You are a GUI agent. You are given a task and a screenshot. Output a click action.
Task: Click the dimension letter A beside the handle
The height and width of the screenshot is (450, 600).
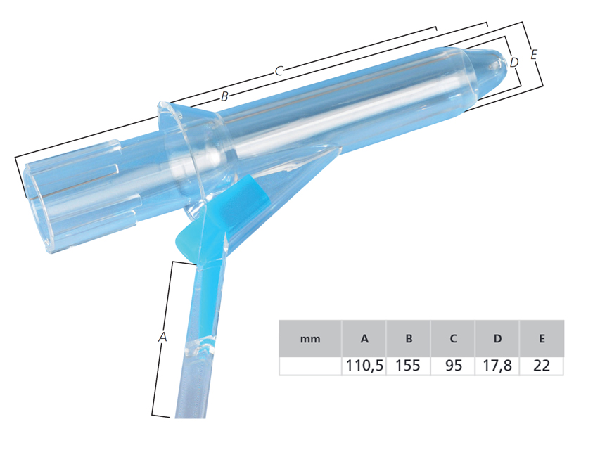coord(162,337)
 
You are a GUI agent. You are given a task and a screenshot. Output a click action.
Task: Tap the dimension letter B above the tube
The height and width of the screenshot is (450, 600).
coord(224,97)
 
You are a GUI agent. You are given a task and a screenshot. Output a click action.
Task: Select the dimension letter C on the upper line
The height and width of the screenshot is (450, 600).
coord(279,70)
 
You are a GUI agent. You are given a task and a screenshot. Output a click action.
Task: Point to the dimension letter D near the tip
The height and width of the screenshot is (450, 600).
coord(514,63)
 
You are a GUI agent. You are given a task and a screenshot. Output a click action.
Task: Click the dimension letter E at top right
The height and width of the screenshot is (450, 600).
coord(535,54)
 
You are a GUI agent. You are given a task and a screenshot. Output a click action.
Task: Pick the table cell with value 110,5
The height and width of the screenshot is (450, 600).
coord(364,366)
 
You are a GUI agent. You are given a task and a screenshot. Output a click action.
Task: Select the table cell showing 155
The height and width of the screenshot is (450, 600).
coord(409,366)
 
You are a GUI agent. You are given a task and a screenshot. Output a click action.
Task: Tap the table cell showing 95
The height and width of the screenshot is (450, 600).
coord(453,366)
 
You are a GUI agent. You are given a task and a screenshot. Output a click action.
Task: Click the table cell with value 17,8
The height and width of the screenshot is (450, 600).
coord(497,366)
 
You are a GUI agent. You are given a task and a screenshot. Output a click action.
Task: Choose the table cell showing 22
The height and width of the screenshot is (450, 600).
coord(542,366)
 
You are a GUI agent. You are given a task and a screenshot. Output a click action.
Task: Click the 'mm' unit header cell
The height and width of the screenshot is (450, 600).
coord(310,339)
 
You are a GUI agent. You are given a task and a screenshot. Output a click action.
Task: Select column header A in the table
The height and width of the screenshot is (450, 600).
coord(364,339)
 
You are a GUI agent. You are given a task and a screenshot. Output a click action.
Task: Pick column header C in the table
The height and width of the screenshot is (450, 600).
coord(453,339)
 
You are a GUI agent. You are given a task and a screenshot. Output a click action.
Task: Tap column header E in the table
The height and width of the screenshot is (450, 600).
coord(542,339)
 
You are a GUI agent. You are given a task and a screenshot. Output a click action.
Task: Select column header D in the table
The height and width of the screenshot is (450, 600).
coord(497,339)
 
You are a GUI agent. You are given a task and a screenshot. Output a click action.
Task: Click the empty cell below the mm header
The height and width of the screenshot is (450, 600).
coord(310,366)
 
